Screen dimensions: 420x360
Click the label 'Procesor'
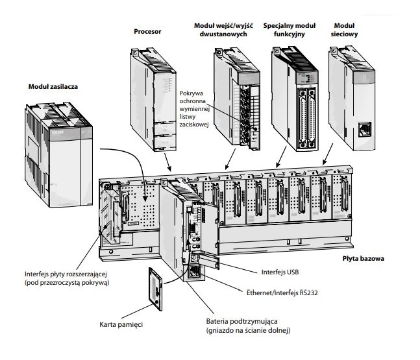[147, 32]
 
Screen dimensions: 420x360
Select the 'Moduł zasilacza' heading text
[53, 87]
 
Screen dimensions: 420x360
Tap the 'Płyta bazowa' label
[364, 259]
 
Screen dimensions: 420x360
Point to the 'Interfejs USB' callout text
[280, 272]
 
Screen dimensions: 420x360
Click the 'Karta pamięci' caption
[121, 325]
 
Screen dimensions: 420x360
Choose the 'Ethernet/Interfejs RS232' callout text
[282, 293]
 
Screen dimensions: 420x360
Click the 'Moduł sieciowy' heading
[344, 30]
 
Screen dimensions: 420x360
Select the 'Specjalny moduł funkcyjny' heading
[290, 30]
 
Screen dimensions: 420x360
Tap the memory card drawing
[155, 289]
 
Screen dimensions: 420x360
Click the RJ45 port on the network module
[365, 130]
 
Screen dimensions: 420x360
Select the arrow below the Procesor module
[167, 162]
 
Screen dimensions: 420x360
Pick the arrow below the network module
[328, 154]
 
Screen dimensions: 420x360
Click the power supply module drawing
[59, 154]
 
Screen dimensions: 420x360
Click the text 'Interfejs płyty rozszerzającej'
[66, 274]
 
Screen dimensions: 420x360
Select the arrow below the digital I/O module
[230, 160]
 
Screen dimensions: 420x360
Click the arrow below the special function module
[281, 157]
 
